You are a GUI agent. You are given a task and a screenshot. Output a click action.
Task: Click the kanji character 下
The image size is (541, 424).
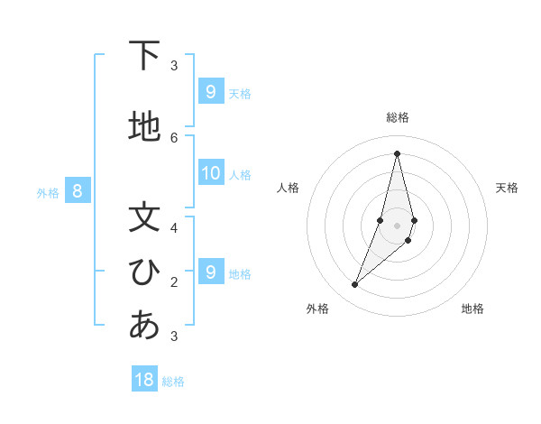pyautogui.click(x=144, y=55)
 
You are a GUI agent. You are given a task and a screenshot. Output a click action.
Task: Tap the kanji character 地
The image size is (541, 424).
pyautogui.click(x=144, y=127)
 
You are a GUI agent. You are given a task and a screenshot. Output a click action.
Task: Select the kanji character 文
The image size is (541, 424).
pyautogui.click(x=144, y=217)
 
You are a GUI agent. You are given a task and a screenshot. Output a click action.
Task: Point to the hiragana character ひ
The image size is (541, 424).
pyautogui.click(x=144, y=272)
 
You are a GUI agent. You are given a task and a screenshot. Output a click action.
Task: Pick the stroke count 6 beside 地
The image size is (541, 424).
pyautogui.click(x=174, y=137)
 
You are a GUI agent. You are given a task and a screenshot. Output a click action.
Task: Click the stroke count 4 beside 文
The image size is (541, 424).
pyautogui.click(x=174, y=227)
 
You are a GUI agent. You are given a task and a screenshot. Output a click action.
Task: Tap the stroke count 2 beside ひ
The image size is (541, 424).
pyautogui.click(x=174, y=281)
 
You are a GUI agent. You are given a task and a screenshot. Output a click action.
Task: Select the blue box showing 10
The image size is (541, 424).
pyautogui.click(x=211, y=174)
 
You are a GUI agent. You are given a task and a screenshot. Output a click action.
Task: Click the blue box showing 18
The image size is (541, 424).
pyautogui.click(x=144, y=380)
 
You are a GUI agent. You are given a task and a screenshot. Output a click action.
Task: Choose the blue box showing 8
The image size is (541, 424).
pyautogui.click(x=78, y=190)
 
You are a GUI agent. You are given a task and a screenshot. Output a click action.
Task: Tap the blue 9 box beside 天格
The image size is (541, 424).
pyautogui.click(x=211, y=92)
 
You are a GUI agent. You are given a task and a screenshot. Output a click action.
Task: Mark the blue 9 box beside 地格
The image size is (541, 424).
pyautogui.click(x=211, y=272)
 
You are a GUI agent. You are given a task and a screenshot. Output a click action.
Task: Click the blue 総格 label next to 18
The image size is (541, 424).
pyautogui.click(x=173, y=382)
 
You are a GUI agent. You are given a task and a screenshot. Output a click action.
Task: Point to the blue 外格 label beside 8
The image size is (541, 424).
pyautogui.click(x=48, y=192)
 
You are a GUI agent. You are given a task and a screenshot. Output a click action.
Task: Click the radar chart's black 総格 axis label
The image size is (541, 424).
pyautogui.click(x=398, y=117)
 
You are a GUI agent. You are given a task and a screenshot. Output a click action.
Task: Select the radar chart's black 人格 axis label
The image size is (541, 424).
pyautogui.click(x=288, y=188)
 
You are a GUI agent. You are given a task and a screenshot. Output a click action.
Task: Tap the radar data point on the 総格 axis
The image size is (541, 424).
pyautogui.click(x=398, y=153)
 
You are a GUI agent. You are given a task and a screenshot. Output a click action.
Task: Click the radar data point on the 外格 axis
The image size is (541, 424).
pyautogui.click(x=355, y=285)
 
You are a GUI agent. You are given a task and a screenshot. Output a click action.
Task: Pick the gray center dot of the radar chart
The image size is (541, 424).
pyautogui.click(x=398, y=226)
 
